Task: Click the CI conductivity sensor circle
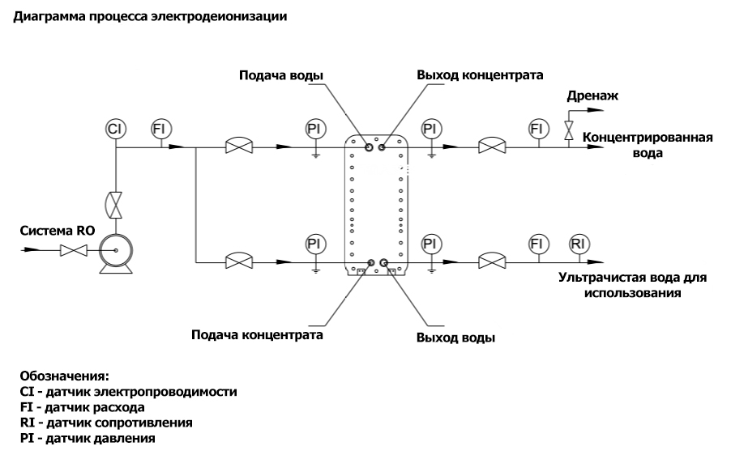point(116,129)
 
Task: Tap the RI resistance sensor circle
point(578,244)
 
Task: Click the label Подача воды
point(281,76)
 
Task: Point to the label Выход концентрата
point(480,75)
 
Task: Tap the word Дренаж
point(593,96)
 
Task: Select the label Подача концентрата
point(257,334)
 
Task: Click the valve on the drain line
point(569,130)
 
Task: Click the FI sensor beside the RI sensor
point(536,244)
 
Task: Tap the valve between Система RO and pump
point(75,253)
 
